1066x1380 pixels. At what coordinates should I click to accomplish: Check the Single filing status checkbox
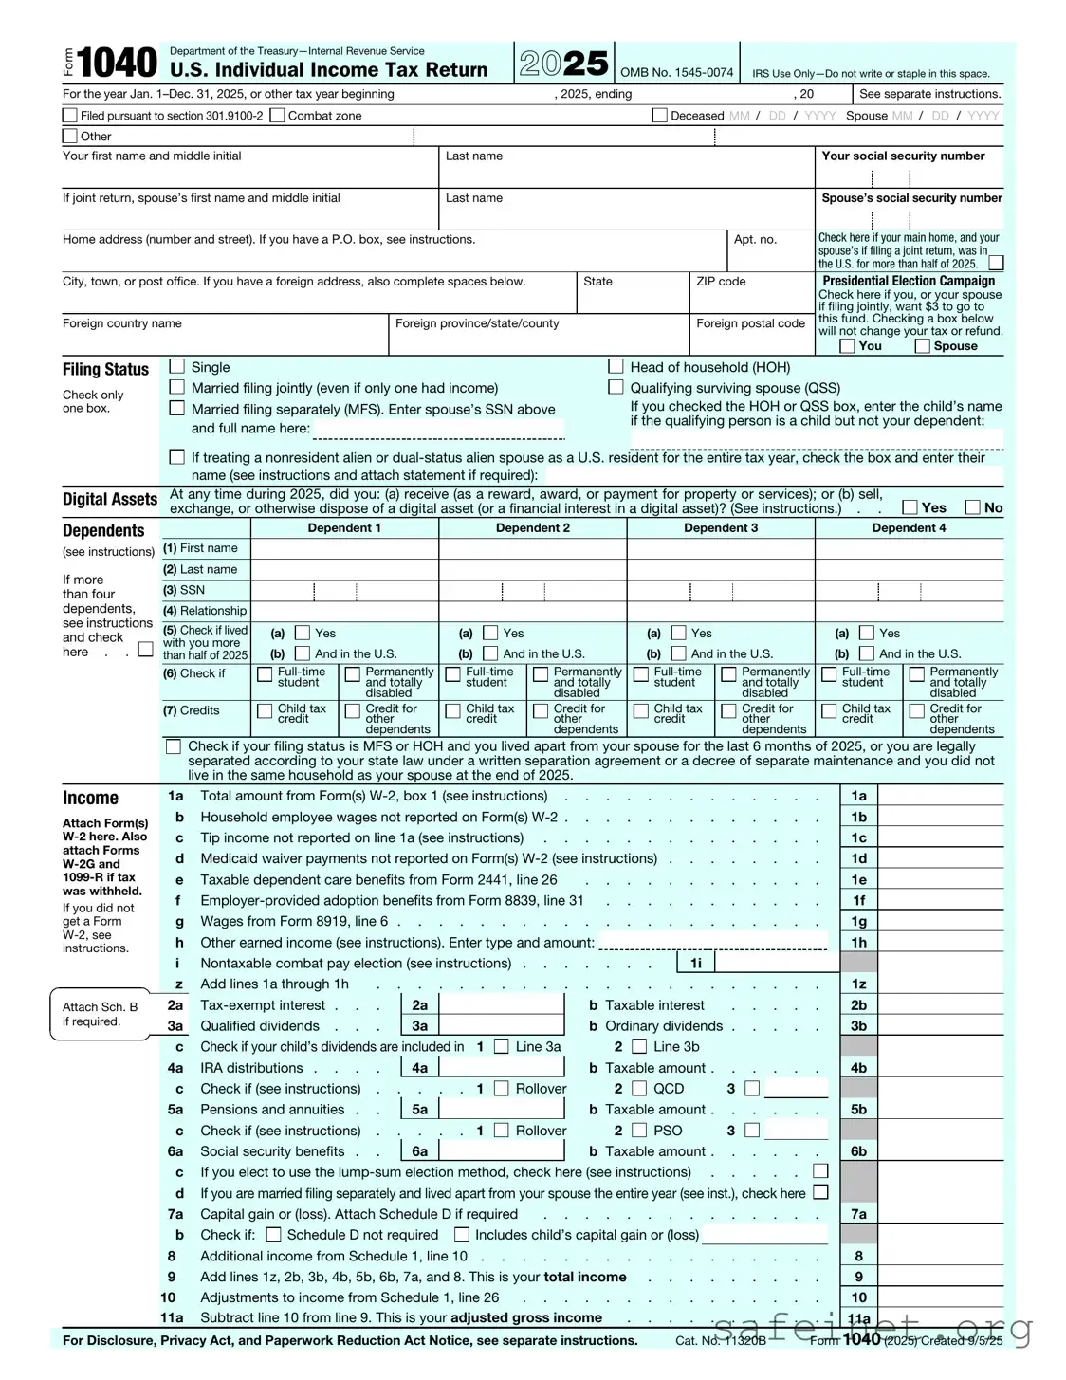coord(176,366)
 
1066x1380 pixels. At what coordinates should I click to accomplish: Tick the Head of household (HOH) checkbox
coord(616,366)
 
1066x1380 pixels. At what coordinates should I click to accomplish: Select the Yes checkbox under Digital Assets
coord(910,507)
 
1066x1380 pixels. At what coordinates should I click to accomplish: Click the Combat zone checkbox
coord(277,116)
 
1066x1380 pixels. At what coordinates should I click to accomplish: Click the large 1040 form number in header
coord(117,64)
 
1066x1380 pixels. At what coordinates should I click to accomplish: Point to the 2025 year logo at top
coord(564,64)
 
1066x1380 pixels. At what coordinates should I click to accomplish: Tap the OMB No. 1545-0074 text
coord(676,73)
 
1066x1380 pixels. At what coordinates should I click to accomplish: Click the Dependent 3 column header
coord(721,528)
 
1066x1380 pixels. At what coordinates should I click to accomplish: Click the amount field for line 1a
coord(940,797)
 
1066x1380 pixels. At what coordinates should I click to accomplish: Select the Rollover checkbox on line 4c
coord(501,1089)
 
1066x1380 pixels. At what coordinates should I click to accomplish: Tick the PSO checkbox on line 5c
coord(639,1131)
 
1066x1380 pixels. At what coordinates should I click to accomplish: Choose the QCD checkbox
coord(639,1089)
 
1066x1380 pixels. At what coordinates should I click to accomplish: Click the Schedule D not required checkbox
coord(273,1235)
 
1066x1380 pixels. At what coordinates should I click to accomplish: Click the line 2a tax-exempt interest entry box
coord(502,1005)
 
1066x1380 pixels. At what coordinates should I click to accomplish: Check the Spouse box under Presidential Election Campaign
coord(922,346)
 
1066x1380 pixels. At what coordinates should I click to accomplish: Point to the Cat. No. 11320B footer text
coord(721,1340)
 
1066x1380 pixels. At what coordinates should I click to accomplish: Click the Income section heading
coord(90,799)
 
